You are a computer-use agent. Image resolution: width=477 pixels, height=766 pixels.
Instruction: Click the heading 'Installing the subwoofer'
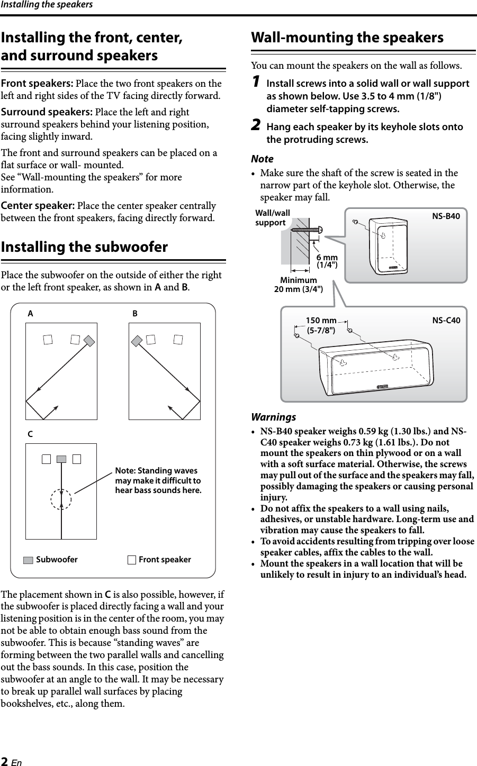[x=85, y=248]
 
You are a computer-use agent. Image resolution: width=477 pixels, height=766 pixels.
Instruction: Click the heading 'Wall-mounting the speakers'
[x=347, y=38]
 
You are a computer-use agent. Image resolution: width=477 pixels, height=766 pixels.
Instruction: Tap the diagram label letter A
[x=31, y=313]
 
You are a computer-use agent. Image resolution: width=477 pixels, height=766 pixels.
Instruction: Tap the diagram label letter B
[x=135, y=313]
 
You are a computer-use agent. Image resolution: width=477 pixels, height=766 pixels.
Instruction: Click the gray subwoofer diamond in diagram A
[x=89, y=341]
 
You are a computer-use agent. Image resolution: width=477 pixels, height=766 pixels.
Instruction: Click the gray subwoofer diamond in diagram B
[x=137, y=341]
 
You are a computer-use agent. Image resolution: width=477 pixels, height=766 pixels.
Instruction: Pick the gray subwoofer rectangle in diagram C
[x=61, y=459]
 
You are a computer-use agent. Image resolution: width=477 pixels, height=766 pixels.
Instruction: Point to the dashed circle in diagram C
[x=62, y=499]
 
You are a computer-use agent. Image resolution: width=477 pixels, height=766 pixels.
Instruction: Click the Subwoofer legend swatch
[x=29, y=560]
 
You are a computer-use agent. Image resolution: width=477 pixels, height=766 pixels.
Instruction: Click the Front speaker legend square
[x=132, y=560]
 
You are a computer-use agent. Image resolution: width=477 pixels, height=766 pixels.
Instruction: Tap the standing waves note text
[x=158, y=480]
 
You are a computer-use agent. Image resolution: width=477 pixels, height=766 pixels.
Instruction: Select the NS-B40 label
[x=446, y=216]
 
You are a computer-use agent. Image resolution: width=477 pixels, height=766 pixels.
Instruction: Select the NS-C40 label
[x=446, y=321]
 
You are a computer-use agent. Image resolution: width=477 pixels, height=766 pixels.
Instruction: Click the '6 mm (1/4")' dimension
[x=327, y=261]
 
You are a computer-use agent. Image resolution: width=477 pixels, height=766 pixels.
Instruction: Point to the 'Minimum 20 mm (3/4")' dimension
[x=298, y=284]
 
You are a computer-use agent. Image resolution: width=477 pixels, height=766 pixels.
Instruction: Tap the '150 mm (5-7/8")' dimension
[x=321, y=325]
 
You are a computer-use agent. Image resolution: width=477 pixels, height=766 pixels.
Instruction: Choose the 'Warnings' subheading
[x=274, y=417]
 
